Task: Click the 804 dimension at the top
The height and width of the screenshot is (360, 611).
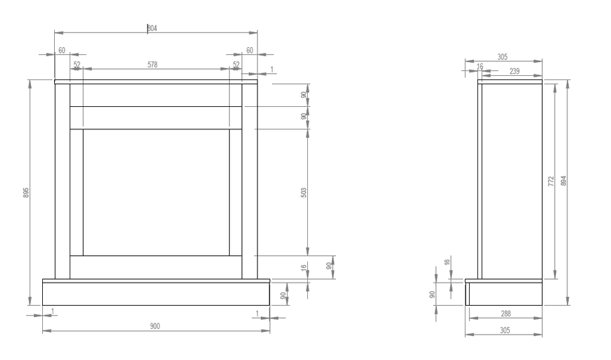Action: [x=152, y=28]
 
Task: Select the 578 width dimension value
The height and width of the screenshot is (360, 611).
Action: [x=153, y=65]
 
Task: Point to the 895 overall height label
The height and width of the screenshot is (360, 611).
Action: [x=26, y=193]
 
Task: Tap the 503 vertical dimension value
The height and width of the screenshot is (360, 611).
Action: [x=304, y=193]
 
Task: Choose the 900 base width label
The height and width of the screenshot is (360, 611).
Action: [x=155, y=326]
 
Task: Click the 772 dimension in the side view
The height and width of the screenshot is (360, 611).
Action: [x=551, y=181]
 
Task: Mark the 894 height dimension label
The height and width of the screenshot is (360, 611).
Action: [x=563, y=181]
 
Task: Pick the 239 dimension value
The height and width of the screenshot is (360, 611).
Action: [x=515, y=71]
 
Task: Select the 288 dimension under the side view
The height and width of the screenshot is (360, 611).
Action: [x=506, y=314]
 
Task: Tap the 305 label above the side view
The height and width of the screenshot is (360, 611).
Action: [x=502, y=57]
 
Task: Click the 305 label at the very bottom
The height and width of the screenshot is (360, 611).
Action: [x=505, y=330]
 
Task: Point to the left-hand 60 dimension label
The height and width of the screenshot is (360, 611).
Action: [x=62, y=50]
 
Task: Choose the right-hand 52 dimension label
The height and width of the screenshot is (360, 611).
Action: [x=236, y=64]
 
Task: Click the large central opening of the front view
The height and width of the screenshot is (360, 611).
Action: [x=156, y=193]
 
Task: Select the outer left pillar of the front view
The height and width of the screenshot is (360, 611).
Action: [x=63, y=181]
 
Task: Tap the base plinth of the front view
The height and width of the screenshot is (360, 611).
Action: [x=156, y=294]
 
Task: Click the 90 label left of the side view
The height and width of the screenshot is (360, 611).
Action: [x=432, y=294]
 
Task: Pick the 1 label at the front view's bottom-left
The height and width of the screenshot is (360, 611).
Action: [x=53, y=311]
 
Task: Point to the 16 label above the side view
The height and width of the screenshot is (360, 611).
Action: [x=480, y=67]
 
